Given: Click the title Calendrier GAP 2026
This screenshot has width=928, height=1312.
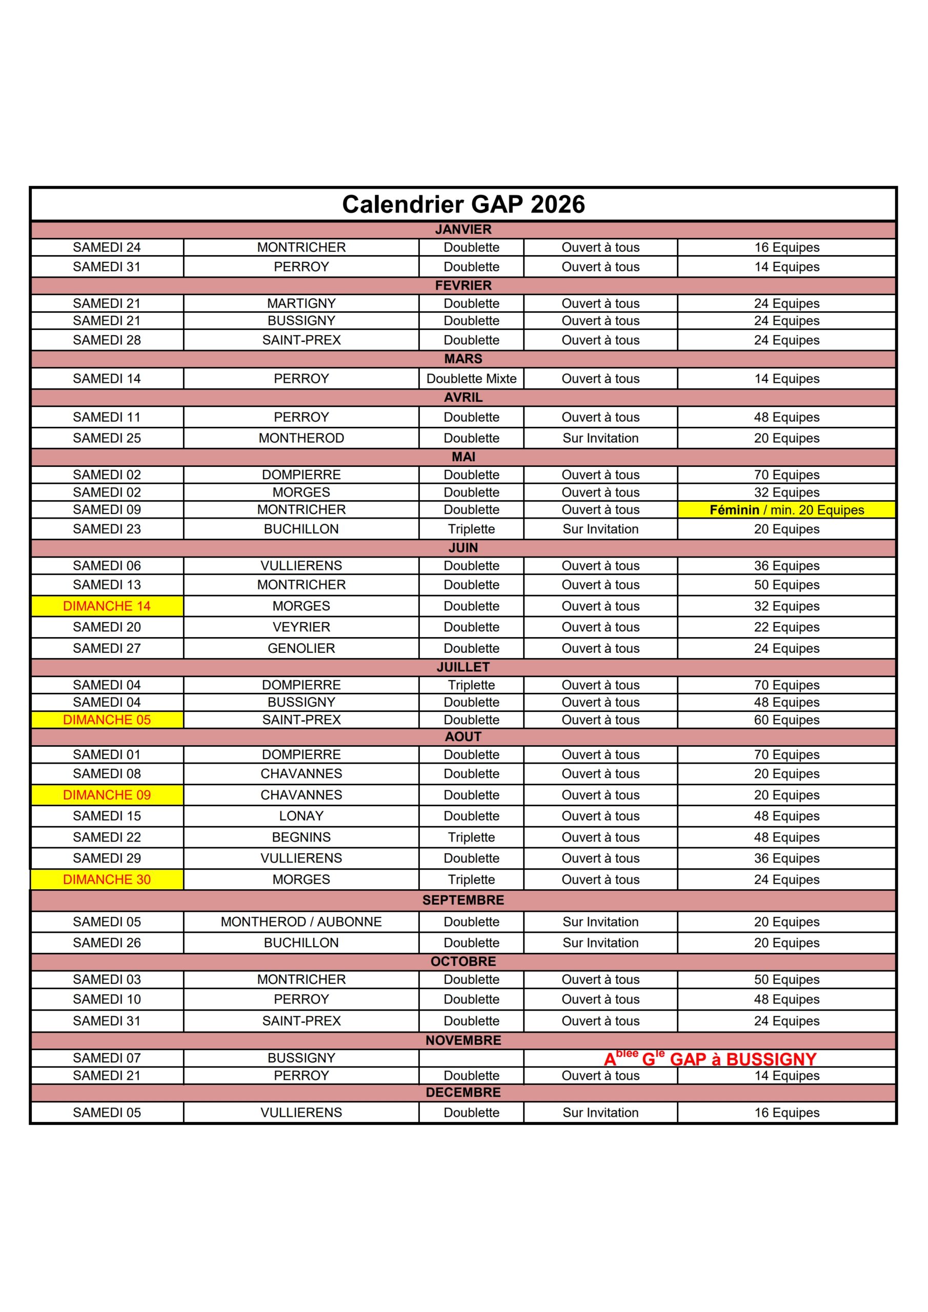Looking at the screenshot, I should point(463,204).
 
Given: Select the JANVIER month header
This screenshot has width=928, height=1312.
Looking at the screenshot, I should point(463,230).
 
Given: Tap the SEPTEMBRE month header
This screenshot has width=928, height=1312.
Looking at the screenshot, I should point(463,900).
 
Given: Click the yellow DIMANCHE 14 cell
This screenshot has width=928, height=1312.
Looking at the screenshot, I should point(107,606).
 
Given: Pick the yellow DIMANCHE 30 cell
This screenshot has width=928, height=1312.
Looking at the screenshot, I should point(107,879).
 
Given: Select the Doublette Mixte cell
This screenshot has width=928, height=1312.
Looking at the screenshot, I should point(471,378).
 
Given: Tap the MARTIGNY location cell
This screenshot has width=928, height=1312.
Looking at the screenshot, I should point(301,303).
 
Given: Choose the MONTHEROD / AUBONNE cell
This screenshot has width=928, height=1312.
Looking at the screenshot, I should point(301,921).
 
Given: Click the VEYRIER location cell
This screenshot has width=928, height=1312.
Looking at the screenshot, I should point(301,627).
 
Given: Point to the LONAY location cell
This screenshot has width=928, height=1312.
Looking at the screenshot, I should point(301,816).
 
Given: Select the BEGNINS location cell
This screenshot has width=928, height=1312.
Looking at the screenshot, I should point(301,837).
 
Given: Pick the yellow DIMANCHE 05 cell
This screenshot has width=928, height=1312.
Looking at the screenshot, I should point(107,720).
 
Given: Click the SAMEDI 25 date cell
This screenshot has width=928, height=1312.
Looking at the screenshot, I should point(107,438).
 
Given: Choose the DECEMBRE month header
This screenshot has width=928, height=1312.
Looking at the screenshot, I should point(463,1092).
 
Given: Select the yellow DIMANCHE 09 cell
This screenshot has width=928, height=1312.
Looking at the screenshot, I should point(107,795).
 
